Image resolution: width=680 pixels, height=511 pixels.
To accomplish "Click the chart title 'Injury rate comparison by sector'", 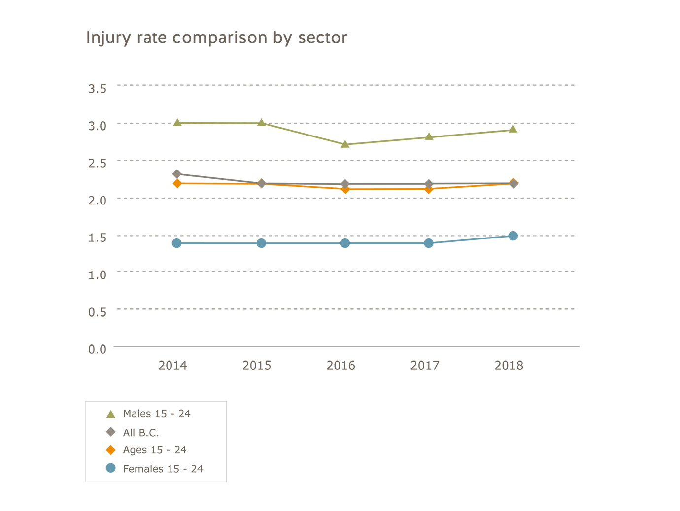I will click(x=216, y=38).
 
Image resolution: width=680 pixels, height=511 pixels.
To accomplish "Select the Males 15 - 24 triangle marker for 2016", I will click(x=345, y=144).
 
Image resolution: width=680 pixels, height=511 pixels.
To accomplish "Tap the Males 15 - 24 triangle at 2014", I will click(x=177, y=122).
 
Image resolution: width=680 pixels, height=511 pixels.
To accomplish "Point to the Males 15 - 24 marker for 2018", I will click(x=513, y=129).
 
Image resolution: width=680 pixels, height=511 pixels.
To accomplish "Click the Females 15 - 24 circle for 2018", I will click(x=513, y=236).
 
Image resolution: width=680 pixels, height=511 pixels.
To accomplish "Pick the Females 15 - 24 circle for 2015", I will click(x=261, y=243).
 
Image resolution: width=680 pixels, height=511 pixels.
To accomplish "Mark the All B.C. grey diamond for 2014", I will click(x=177, y=174).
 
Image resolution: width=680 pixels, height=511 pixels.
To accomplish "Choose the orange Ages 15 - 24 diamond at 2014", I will click(x=177, y=183).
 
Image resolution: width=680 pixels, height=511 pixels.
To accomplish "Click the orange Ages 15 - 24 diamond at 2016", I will click(x=345, y=189).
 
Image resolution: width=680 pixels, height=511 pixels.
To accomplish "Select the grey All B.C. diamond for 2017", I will click(x=429, y=184).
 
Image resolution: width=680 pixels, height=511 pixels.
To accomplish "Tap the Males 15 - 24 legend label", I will click(x=157, y=414).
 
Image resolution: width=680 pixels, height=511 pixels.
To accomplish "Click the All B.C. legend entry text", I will click(x=141, y=433).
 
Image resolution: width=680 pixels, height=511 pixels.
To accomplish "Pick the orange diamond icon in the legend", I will click(x=111, y=450).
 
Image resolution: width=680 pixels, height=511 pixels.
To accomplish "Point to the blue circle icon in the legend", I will click(x=111, y=468).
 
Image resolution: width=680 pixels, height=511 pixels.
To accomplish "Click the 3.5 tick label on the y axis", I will click(x=97, y=89).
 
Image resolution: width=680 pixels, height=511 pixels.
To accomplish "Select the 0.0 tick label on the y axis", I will click(x=97, y=349).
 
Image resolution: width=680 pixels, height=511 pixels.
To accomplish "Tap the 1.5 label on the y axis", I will click(x=97, y=238).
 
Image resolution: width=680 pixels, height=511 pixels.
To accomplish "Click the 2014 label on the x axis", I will click(x=172, y=366).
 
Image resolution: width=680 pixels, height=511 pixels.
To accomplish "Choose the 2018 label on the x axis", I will click(x=509, y=366).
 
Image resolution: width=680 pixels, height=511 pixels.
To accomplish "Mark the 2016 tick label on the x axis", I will click(x=341, y=366).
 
